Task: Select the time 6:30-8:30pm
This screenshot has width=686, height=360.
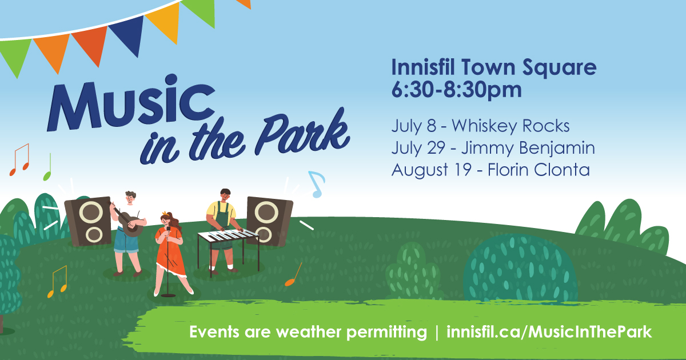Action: (456, 90)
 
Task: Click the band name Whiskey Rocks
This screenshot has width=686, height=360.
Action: (510, 126)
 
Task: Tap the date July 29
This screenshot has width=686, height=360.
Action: (418, 148)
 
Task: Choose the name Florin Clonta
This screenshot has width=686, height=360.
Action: (539, 170)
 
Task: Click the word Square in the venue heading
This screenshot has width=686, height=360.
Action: (559, 68)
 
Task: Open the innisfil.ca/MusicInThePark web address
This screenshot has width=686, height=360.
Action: (549, 333)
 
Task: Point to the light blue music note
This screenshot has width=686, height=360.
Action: (317, 183)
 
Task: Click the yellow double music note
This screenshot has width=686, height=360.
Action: (57, 282)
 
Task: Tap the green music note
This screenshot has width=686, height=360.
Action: (48, 167)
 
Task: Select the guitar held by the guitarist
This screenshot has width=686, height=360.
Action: (129, 221)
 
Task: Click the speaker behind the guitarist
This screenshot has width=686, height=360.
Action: (88, 221)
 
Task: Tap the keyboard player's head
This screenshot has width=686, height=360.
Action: (225, 195)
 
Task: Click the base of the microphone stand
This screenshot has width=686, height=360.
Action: (168, 295)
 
